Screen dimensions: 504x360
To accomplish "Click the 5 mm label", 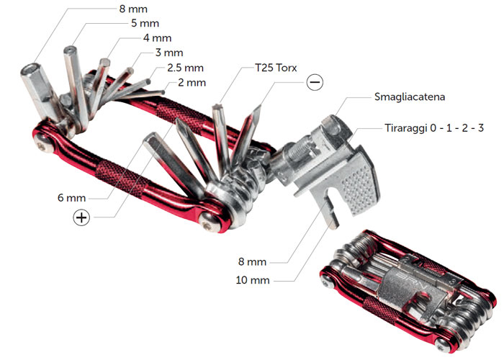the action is [145, 24].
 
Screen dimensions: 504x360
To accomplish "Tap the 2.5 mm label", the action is [186, 68].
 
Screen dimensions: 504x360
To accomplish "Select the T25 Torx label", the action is [276, 68].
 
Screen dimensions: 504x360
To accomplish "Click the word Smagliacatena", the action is [410, 97].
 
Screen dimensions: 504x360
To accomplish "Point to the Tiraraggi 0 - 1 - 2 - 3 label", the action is [434, 128].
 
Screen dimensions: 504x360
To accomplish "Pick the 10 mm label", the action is [253, 280].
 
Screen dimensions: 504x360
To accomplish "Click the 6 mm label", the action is [72, 198].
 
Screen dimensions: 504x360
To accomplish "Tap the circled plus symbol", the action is [81, 217].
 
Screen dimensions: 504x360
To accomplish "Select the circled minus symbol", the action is [315, 82].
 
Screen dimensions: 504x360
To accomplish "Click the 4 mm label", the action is [157, 38].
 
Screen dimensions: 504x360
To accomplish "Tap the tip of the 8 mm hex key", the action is [30, 69].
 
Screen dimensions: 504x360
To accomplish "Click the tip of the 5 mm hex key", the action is [70, 50].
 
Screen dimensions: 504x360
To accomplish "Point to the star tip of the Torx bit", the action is [217, 107].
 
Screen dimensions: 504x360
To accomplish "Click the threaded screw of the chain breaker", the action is [300, 149].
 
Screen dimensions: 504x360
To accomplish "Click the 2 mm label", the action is [192, 83].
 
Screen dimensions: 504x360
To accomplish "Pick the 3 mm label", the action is [169, 53].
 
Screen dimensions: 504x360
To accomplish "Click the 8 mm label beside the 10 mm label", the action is [252, 261].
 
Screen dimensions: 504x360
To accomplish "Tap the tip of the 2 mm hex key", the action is [163, 93].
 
